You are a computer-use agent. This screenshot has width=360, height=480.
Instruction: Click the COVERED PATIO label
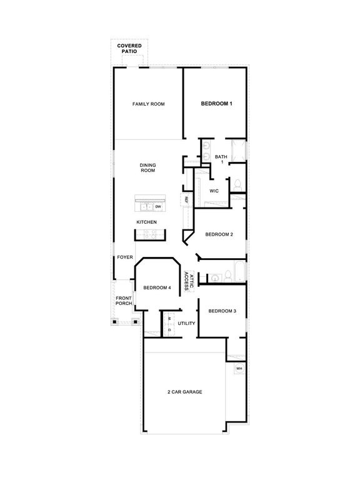pyautogui.click(x=129, y=49)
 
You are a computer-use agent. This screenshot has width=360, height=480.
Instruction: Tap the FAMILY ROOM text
pyautogui.click(x=148, y=104)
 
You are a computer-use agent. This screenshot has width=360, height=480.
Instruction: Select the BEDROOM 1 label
pyautogui.click(x=216, y=104)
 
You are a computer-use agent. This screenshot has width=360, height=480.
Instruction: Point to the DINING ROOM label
pyautogui.click(x=147, y=167)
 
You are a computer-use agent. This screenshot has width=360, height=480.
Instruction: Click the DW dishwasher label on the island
pyautogui.click(x=159, y=206)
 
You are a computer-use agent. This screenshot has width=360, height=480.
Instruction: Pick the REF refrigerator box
pyautogui.click(x=186, y=200)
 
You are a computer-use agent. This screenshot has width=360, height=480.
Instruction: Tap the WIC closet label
pyautogui.click(x=213, y=191)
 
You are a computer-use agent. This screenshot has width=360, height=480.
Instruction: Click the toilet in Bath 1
pyautogui.click(x=237, y=185)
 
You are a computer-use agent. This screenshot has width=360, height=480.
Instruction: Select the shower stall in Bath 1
pyautogui.click(x=237, y=151)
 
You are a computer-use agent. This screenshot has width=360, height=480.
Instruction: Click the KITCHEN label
pyautogui.click(x=147, y=222)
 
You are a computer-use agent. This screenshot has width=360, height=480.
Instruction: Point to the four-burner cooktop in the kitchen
pyautogui.click(x=150, y=235)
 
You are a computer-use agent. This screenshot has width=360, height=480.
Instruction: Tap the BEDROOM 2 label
pyautogui.click(x=219, y=234)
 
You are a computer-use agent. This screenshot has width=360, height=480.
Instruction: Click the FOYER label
pyautogui.click(x=124, y=257)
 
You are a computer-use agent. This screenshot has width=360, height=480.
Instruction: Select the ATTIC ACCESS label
pyautogui.click(x=189, y=282)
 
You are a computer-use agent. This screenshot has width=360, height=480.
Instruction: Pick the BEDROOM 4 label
pyautogui.click(x=157, y=287)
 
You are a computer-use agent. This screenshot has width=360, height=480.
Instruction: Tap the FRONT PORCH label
pyautogui.click(x=124, y=301)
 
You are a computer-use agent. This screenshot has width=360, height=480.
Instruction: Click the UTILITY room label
pyautogui.click(x=186, y=323)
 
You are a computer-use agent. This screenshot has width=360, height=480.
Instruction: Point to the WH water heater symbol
pyautogui.click(x=239, y=369)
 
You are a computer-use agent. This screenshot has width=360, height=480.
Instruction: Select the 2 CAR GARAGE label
pyautogui.click(x=184, y=392)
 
